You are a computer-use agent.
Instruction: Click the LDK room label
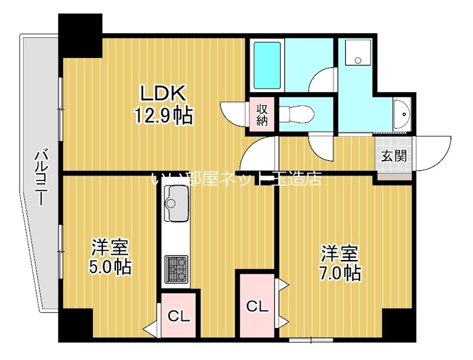(x=163, y=93)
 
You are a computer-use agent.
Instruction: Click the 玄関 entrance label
(x=393, y=157)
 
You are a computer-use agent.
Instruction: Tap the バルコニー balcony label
(x=41, y=178)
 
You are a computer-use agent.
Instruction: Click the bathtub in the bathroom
(x=268, y=64)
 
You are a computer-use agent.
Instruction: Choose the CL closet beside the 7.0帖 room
(x=257, y=306)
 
